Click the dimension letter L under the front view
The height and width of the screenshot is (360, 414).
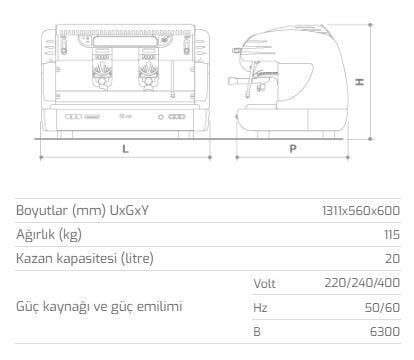tap(125, 149)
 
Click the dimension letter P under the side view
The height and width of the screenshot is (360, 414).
tap(293, 149)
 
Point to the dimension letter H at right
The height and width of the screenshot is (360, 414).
tap(360, 82)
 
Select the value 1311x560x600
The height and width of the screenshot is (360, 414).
tap(361, 211)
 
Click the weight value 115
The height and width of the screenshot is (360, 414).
tap(392, 235)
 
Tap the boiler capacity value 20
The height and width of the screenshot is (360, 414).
tap(392, 259)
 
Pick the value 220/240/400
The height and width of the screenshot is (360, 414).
tap(362, 283)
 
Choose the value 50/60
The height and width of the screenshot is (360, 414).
tap(382, 307)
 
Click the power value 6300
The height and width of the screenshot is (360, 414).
tap(385, 332)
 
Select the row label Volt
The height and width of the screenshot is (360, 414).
tap(264, 283)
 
